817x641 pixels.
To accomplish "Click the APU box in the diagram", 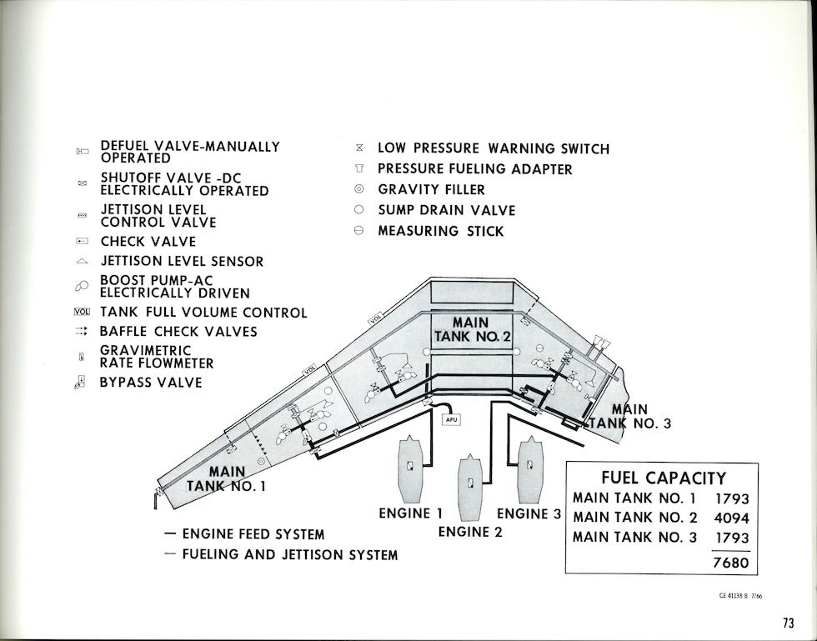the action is tap(451, 419).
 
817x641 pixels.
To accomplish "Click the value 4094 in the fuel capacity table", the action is tap(732, 518).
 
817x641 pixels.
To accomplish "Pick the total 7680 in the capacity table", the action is tap(731, 563).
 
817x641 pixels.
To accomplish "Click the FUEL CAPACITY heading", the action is tap(663, 478).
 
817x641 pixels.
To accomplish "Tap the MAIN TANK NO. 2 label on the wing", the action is tap(470, 330).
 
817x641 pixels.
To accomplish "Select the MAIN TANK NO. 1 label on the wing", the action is tap(227, 479).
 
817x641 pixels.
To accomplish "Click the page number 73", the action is tap(789, 623).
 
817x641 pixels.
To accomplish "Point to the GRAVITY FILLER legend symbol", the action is tap(359, 190).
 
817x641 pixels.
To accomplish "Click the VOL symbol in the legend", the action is tap(81, 313).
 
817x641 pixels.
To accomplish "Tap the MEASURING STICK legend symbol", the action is tap(359, 231).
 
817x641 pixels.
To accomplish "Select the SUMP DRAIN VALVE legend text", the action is tap(446, 210).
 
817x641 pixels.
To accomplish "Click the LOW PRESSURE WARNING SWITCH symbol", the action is tap(359, 148).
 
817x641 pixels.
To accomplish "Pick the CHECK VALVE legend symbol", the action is tap(82, 242).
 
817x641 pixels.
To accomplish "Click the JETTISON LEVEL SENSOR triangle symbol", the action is tap(82, 262).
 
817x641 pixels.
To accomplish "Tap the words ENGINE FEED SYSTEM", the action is tap(253, 534).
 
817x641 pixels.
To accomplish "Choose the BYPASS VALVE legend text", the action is tap(150, 383).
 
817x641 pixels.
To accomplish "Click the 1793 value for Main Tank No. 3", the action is tap(732, 538).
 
